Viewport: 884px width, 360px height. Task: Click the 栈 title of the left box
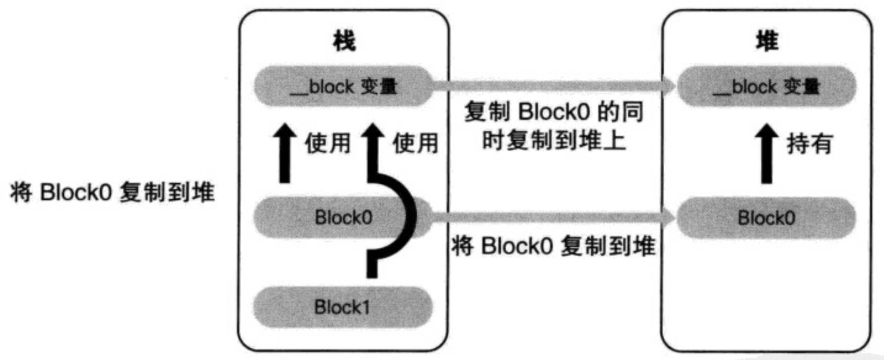(x=344, y=41)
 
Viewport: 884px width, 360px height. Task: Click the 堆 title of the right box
(x=767, y=41)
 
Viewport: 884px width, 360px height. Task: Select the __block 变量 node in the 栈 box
(x=343, y=86)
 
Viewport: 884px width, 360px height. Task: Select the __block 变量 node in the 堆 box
(x=766, y=86)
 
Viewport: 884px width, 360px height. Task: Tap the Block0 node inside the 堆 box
(x=766, y=218)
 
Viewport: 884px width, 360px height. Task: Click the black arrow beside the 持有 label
(x=766, y=154)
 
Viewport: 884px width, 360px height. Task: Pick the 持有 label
(x=809, y=143)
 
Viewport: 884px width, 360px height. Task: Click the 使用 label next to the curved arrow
(x=415, y=143)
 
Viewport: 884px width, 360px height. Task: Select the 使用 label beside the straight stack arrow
(x=327, y=143)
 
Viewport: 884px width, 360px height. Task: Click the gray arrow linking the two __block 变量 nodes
(x=551, y=86)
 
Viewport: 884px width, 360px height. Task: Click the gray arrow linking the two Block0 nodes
(x=551, y=218)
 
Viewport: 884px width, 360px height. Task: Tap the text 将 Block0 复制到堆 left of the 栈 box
(x=112, y=192)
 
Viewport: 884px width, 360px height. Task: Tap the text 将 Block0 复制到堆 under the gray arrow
(x=553, y=246)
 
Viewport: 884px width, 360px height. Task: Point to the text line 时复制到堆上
(x=554, y=140)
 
